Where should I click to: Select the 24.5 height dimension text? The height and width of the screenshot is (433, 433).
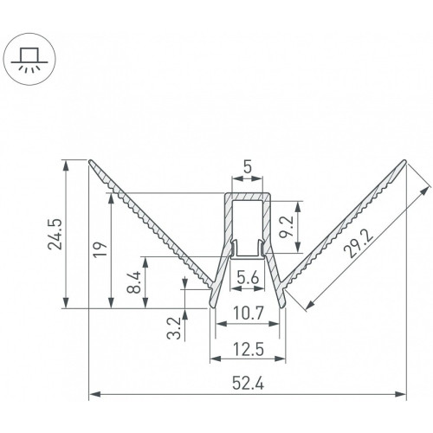click(55, 234)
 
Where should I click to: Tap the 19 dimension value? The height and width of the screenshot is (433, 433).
click(101, 249)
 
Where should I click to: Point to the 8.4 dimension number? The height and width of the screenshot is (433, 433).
click(134, 282)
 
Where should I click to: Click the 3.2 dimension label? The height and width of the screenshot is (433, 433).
click(174, 328)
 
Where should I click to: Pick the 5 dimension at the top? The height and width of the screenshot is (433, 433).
click(248, 167)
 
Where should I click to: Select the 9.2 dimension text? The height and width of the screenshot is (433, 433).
click(287, 226)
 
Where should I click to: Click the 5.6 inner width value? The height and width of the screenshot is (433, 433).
click(248, 278)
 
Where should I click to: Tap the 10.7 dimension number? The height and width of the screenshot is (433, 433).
click(249, 313)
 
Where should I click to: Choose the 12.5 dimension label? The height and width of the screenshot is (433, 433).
click(249, 350)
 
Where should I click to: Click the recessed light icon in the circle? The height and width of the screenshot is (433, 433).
click(29, 59)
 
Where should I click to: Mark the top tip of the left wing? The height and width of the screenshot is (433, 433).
click(90, 160)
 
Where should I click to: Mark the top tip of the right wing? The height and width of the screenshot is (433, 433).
click(404, 161)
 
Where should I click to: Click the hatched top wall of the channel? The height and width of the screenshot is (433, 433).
click(248, 197)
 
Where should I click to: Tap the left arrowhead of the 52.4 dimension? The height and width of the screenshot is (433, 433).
click(94, 394)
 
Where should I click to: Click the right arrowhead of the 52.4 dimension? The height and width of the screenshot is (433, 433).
click(400, 394)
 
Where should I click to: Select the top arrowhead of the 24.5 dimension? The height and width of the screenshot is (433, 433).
click(67, 166)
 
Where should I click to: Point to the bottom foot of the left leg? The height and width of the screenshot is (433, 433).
click(212, 304)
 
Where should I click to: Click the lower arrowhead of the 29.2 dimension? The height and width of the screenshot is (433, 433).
click(309, 305)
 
